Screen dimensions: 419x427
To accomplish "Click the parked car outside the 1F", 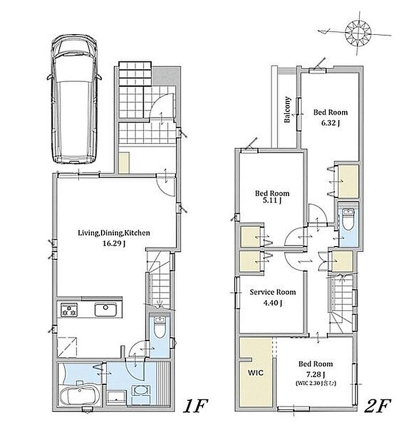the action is (x=74, y=99).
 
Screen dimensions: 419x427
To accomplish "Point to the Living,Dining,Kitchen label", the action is (x=114, y=233).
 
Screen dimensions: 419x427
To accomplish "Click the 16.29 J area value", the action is (x=114, y=243).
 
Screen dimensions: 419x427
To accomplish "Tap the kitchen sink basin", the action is (x=105, y=310).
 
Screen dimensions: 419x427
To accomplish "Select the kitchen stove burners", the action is (x=69, y=310).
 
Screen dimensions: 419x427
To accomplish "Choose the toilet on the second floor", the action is (x=347, y=219).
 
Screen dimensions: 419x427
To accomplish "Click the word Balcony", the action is (x=288, y=109).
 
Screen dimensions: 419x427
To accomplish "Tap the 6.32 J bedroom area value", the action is (x=330, y=123).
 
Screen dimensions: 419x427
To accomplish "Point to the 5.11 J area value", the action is (x=272, y=201).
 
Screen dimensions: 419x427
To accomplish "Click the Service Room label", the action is (x=273, y=292).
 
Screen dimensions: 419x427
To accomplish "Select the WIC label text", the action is (x=255, y=372).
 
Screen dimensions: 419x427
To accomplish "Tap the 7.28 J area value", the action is (x=315, y=375).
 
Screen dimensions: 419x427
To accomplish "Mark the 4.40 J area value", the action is (x=273, y=303).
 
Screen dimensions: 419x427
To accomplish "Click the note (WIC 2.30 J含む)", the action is (x=316, y=383).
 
